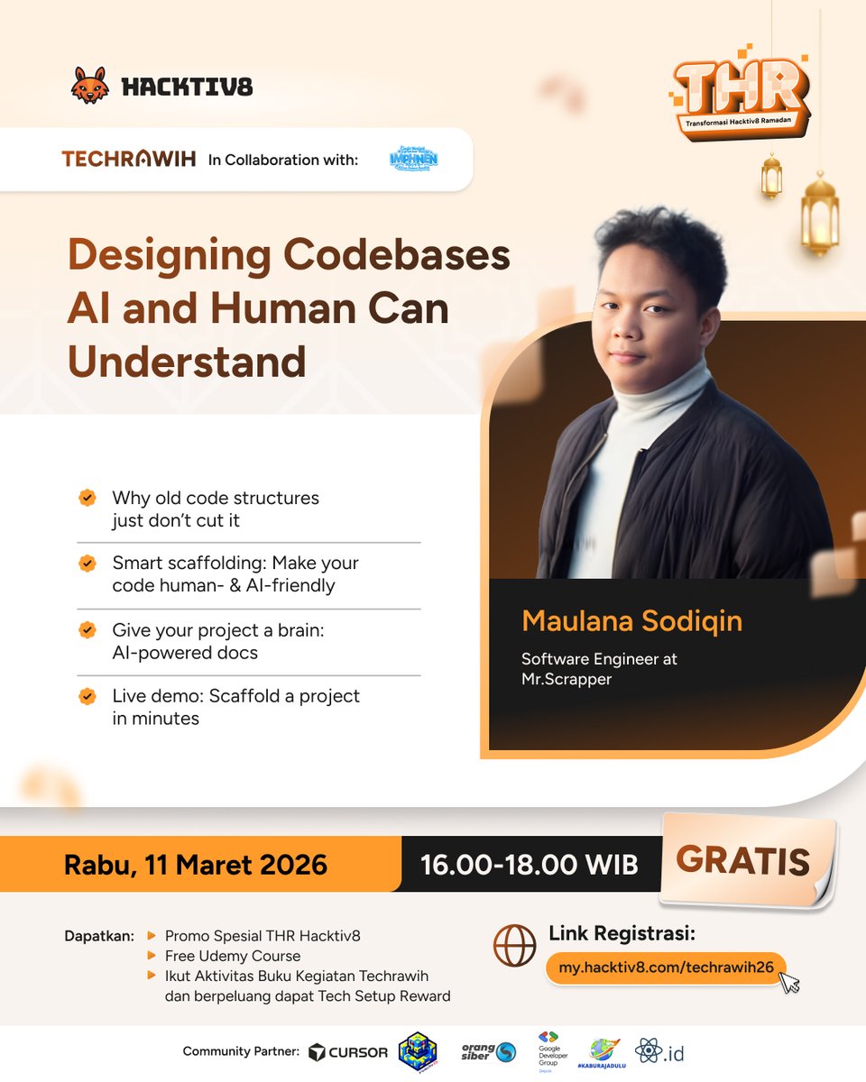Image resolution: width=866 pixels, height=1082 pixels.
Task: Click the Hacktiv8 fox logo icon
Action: click(x=89, y=86)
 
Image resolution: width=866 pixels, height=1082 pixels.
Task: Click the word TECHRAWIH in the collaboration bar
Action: click(x=128, y=160)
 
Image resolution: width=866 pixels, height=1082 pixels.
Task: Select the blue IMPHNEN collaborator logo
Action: click(x=414, y=159)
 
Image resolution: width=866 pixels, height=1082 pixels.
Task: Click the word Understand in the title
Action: click(x=187, y=362)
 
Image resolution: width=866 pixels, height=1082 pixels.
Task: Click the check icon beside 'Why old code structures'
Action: click(x=88, y=498)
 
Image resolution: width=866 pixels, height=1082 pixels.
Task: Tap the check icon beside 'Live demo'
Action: click(x=88, y=696)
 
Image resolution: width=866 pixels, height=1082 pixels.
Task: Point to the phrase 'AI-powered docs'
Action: click(x=185, y=652)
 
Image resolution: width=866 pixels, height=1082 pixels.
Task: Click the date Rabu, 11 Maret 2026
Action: click(x=195, y=865)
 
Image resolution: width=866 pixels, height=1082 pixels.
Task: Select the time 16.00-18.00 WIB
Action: click(x=530, y=865)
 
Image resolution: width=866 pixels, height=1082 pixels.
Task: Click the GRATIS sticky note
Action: click(x=743, y=861)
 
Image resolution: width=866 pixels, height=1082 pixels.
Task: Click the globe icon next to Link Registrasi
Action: click(x=515, y=946)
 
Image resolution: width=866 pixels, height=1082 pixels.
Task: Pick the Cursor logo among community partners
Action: click(x=348, y=1051)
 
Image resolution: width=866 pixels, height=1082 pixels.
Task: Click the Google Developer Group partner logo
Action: click(x=548, y=1050)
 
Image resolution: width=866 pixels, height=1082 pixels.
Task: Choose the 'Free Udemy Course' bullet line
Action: click(x=233, y=956)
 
